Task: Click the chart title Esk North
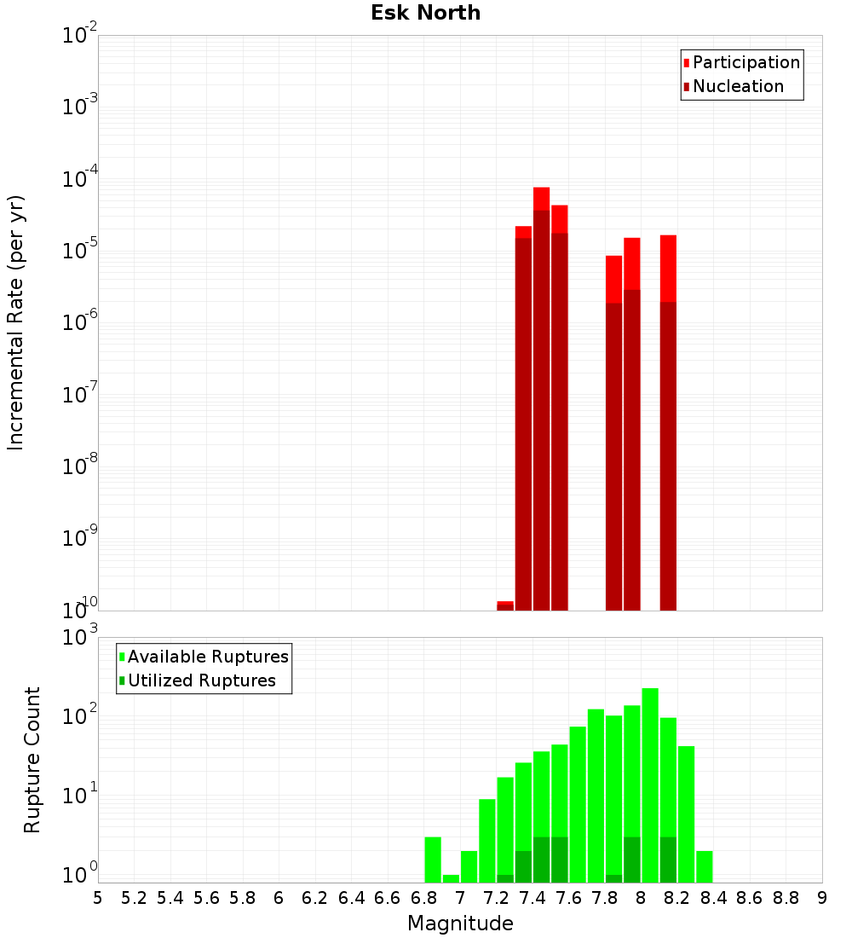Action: pos(425,13)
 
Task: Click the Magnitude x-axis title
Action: pos(460,924)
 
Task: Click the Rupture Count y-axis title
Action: pos(32,759)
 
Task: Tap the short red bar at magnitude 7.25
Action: pos(505,605)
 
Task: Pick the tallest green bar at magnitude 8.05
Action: pos(650,785)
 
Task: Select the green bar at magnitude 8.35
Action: pos(705,866)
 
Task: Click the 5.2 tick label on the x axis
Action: pos(134,898)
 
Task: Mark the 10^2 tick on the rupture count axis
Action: pos(80,717)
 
